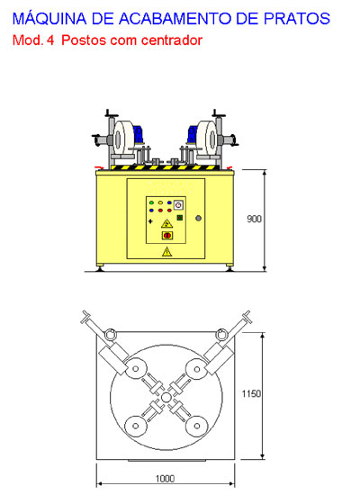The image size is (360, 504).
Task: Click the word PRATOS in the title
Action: click(297, 19)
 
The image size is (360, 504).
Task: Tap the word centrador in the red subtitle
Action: click(172, 40)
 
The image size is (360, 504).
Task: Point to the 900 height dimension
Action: click(254, 219)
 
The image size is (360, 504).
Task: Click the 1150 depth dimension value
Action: click(251, 394)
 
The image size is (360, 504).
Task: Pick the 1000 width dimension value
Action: click(166, 479)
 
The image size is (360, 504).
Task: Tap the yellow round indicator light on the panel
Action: click(160, 202)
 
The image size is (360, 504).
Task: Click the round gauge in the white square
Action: click(179, 205)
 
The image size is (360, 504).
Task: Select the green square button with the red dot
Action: click(180, 218)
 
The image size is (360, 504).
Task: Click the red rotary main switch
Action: click(167, 236)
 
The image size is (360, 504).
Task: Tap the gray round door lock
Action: click(198, 218)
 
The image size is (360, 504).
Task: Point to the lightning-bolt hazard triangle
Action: click(166, 223)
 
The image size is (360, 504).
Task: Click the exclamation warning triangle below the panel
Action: click(166, 252)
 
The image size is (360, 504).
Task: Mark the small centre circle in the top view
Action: click(166, 398)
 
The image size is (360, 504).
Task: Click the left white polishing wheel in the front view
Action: click(123, 139)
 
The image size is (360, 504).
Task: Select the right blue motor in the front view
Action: click(193, 134)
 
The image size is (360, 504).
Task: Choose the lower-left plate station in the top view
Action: click(136, 427)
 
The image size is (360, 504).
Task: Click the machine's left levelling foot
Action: click(100, 268)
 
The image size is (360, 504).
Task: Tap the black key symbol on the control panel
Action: click(150, 221)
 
